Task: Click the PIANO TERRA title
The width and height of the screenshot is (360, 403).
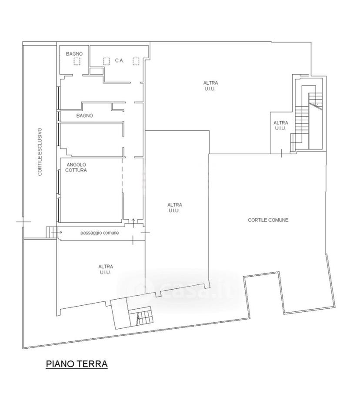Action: click(77, 364)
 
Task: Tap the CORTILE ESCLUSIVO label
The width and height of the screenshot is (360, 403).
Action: click(40, 152)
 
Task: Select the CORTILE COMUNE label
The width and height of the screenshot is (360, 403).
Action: click(268, 220)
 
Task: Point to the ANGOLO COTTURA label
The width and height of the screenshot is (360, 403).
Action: click(76, 167)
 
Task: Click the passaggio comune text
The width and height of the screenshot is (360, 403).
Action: click(100, 233)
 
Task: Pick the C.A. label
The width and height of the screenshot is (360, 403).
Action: click(120, 61)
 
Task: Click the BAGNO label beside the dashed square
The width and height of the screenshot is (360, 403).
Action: click(74, 54)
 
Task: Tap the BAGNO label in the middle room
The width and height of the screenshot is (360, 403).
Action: click(85, 116)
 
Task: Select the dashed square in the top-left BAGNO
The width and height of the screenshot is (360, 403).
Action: click(77, 61)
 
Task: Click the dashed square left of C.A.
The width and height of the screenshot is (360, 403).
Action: click(106, 61)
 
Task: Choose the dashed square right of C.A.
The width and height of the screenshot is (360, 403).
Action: click(136, 61)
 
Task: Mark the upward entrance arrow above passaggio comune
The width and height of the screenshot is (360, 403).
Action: click(133, 223)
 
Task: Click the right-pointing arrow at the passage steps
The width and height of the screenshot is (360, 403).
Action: click(57, 232)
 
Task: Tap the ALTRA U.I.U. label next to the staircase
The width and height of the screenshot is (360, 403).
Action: click(280, 126)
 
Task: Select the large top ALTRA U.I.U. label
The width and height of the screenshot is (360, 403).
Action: click(210, 86)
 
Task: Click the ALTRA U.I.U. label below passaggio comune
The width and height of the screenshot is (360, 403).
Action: click(106, 270)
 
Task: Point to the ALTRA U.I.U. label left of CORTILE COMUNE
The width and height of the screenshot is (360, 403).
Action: click(175, 208)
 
